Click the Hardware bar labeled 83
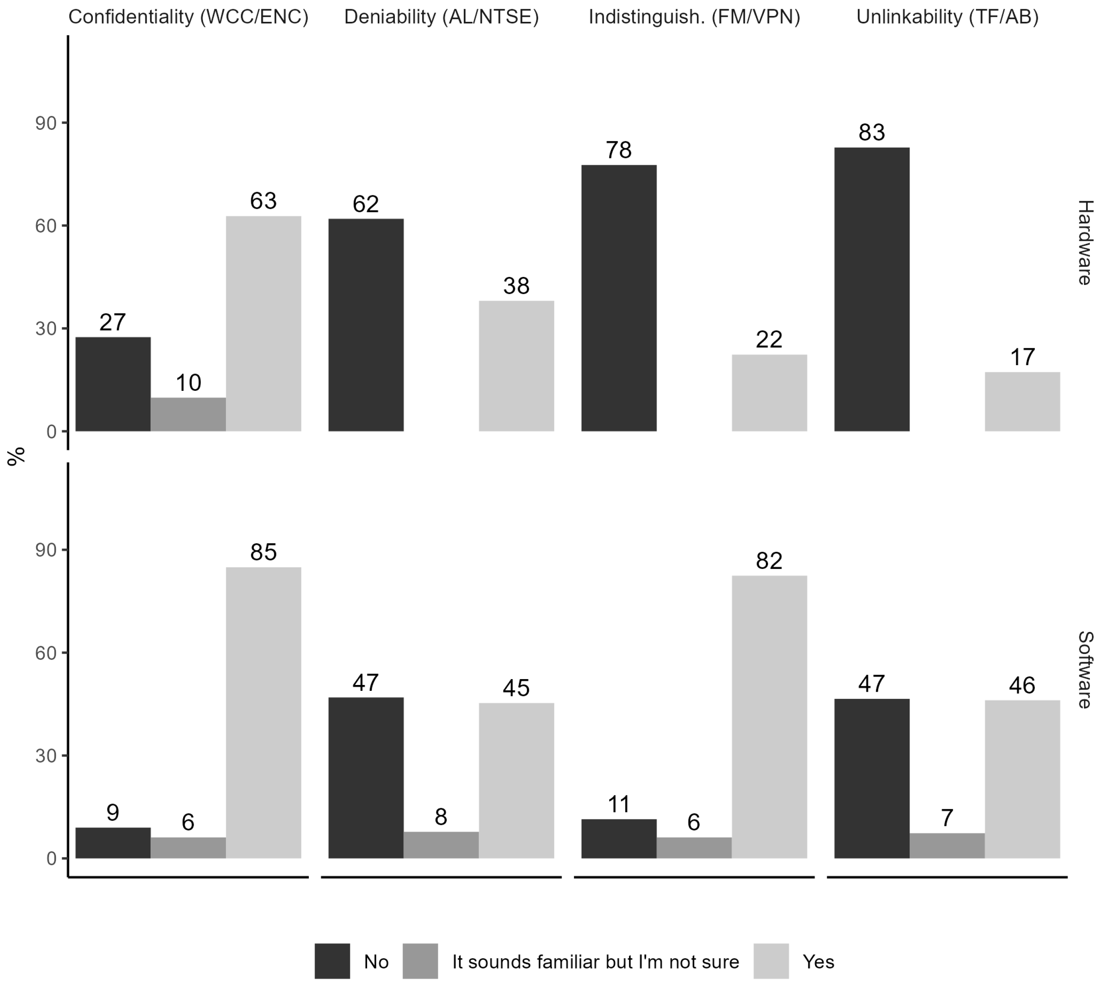click(x=871, y=289)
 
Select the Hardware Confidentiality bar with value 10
click(x=188, y=415)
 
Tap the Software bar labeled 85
click(x=263, y=713)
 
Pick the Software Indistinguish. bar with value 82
click(x=769, y=716)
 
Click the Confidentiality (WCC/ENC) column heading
click(x=188, y=17)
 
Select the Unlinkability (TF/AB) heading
click(x=947, y=17)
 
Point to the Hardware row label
click(x=1085, y=242)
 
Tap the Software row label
click(x=1085, y=669)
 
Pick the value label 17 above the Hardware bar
click(x=1022, y=357)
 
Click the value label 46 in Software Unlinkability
click(x=1022, y=686)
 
